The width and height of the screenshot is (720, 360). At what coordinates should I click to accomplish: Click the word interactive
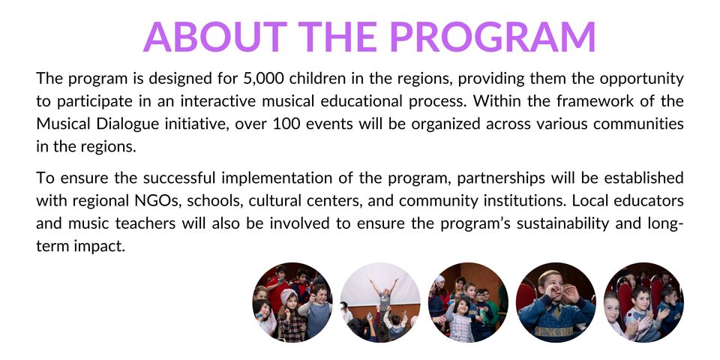[x=214, y=101]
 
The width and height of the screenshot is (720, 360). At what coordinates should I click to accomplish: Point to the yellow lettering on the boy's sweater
[x=551, y=331]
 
